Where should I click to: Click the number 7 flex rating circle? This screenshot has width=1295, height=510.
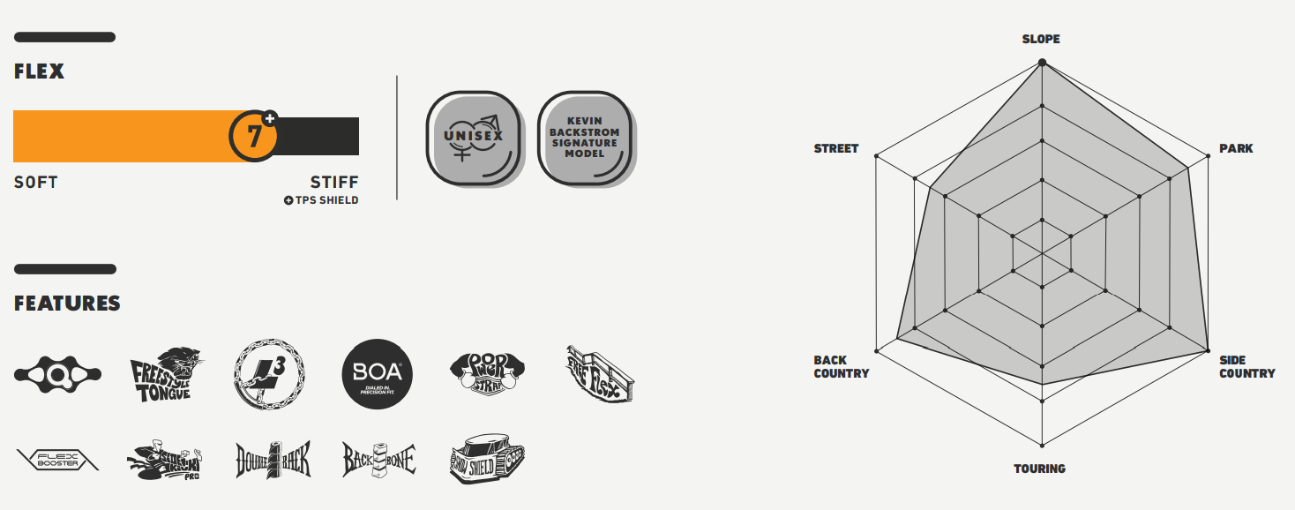tap(254, 137)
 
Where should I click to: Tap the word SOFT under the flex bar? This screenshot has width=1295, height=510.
tap(35, 183)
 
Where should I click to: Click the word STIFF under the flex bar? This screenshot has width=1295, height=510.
tap(334, 183)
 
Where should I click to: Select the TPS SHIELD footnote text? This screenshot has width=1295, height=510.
tap(321, 200)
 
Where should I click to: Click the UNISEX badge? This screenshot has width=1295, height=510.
tap(475, 138)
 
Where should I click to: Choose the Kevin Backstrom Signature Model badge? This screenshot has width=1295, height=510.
tap(585, 138)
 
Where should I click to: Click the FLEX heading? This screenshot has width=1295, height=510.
tap(39, 72)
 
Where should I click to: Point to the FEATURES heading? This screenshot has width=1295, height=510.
tap(67, 304)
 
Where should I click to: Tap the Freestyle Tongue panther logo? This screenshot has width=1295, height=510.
tap(167, 375)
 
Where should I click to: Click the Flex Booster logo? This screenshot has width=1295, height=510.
tap(58, 460)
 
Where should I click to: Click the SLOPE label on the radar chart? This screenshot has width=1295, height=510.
tap(1041, 39)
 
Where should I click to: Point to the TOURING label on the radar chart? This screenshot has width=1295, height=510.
tap(1039, 469)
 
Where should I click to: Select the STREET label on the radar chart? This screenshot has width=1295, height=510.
tap(835, 148)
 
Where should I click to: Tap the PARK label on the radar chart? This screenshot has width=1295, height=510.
tap(1236, 148)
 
